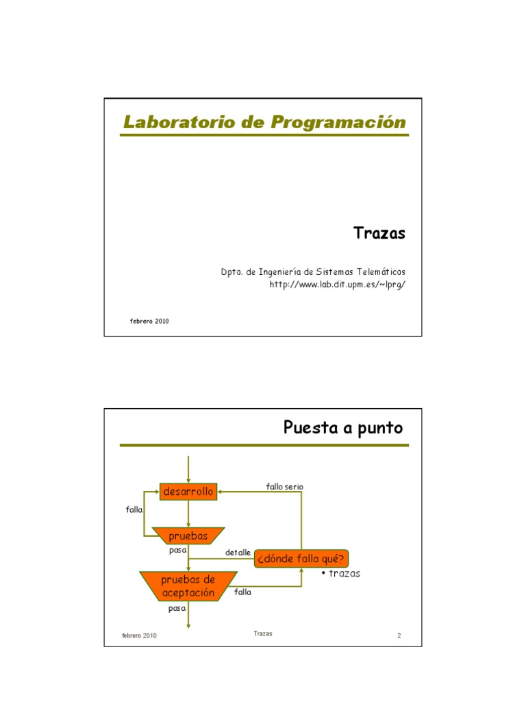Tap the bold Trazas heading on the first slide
point(379,233)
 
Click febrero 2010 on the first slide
point(149,321)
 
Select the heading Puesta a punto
point(343,428)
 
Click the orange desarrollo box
point(188,492)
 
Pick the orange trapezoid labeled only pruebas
point(188,536)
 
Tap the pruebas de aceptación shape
point(188,587)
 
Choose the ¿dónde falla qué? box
point(301,559)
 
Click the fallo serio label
point(284,487)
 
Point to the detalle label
point(238,553)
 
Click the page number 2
point(399,636)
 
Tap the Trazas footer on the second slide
point(262,633)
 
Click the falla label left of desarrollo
point(134,510)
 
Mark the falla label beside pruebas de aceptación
point(243,592)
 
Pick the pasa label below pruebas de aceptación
point(177,608)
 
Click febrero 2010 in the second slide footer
point(139,636)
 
